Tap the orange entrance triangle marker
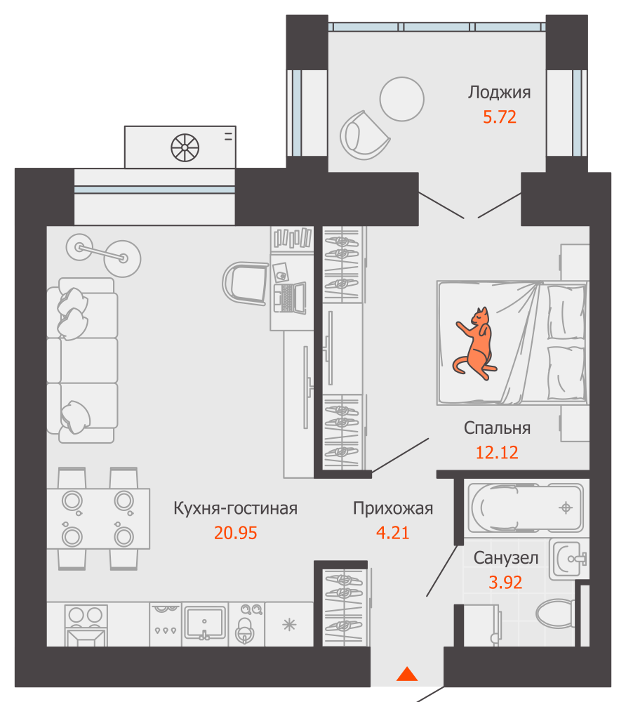click(x=407, y=674)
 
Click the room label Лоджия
click(x=499, y=92)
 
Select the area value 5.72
click(x=500, y=117)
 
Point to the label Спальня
click(x=497, y=428)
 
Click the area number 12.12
click(x=497, y=453)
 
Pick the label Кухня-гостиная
click(x=235, y=508)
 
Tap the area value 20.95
click(x=235, y=533)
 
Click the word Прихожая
click(x=393, y=508)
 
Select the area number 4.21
click(x=392, y=533)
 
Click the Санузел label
click(x=505, y=558)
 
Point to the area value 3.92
click(x=505, y=582)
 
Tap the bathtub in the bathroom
click(x=526, y=508)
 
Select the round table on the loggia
click(x=402, y=99)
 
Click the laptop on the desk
click(x=290, y=298)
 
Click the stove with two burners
click(x=86, y=625)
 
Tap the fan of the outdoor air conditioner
click(x=185, y=147)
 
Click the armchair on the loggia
click(x=364, y=135)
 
